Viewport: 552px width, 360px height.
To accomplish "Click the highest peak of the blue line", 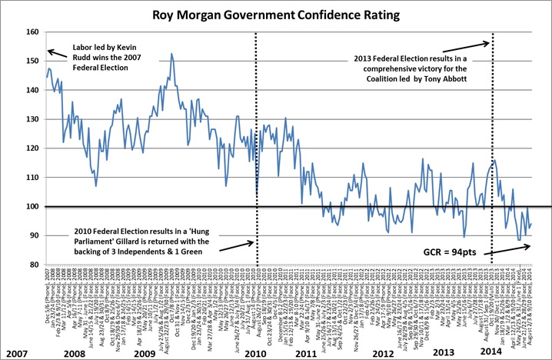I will pos(171,54).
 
